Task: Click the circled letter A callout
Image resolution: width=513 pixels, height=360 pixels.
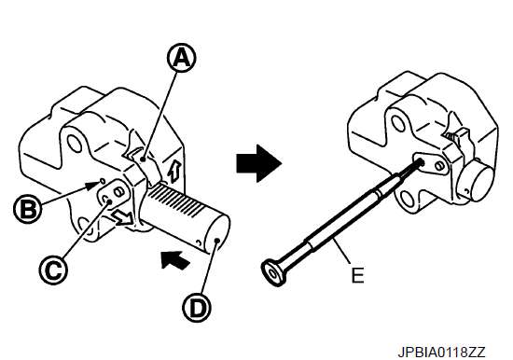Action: coord(182,58)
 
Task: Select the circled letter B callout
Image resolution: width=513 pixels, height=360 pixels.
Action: coord(28,209)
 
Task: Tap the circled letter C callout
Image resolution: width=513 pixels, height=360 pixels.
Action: coord(53,270)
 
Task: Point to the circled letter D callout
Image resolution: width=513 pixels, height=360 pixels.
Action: coord(197,307)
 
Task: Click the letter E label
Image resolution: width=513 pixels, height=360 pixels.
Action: coord(357,275)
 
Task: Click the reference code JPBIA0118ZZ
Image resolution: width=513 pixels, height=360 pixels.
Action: coord(441,353)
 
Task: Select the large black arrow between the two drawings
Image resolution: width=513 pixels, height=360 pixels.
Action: coord(258,163)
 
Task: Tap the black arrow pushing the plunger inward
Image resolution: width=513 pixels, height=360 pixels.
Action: coord(175,260)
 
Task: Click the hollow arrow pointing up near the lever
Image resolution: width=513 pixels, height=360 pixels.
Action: coord(173,171)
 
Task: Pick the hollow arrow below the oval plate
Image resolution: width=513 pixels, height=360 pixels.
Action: coord(122,217)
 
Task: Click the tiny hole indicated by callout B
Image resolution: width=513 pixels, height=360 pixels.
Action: coord(102,180)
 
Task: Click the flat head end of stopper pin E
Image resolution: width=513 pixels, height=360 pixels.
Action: coord(273,271)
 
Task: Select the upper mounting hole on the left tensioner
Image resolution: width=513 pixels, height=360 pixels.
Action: coord(74,142)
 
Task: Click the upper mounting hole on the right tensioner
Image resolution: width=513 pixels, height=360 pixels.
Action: coord(398,123)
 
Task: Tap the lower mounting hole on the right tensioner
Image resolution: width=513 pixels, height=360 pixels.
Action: coord(408,199)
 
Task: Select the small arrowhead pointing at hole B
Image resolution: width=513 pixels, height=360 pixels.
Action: coord(92,186)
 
